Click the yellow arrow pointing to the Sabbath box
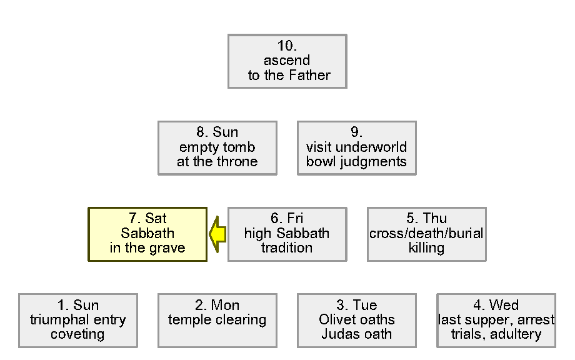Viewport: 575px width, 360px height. tap(217, 234)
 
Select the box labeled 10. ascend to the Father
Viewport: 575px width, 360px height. tap(287, 61)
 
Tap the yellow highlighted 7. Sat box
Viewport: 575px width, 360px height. tap(147, 234)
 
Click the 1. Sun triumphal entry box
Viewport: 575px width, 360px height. tap(77, 320)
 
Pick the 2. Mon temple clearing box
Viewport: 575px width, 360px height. tap(217, 320)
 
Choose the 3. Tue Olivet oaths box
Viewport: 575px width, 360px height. tap(356, 320)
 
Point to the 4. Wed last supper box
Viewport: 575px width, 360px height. tap(496, 320)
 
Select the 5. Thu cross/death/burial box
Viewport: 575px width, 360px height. tap(426, 234)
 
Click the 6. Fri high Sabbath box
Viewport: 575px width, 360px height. tap(287, 234)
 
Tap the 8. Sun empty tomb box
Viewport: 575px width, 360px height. tap(217, 147)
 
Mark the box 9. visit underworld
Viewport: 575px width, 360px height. tap(356, 147)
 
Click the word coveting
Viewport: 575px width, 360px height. tap(77, 334)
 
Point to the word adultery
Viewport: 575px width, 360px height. tap(516, 334)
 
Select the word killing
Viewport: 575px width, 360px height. tap(426, 248)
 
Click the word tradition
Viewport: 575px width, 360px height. tap(287, 248)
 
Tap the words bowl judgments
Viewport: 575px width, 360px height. tap(356, 162)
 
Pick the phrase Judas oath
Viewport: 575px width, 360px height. tap(356, 334)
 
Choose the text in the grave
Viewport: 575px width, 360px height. tap(147, 248)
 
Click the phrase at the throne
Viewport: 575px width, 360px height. tap(217, 162)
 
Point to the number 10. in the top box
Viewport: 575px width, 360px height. tap(287, 46)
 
